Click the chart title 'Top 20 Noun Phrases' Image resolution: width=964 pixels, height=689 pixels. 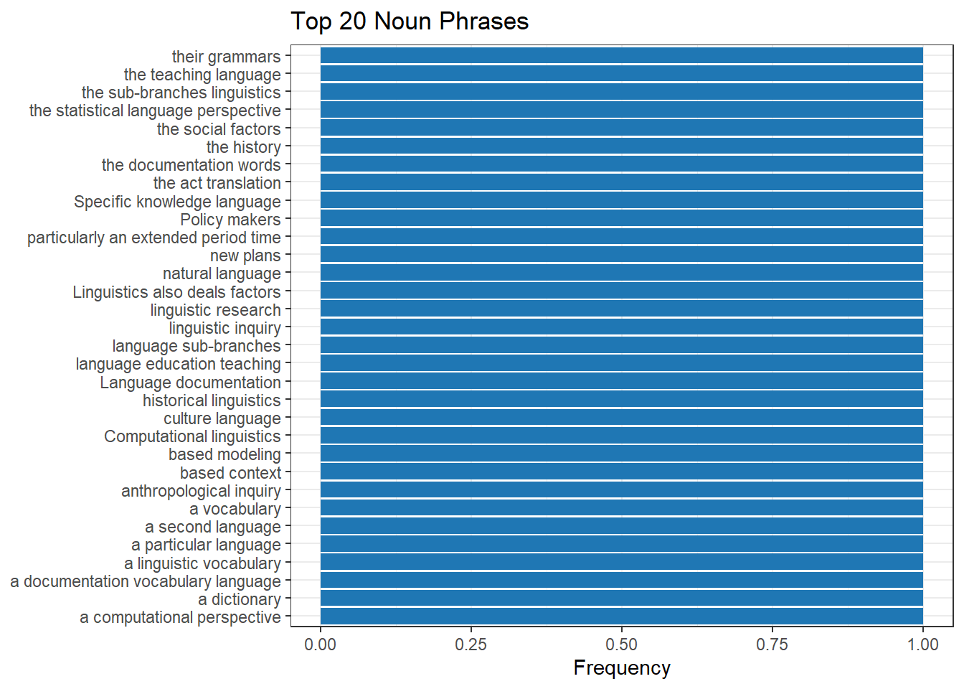coord(409,22)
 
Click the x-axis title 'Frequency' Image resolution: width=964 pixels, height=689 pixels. coord(621,667)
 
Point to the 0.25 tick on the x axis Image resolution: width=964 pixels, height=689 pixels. coord(471,645)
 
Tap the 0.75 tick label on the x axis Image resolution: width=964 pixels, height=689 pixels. coord(772,645)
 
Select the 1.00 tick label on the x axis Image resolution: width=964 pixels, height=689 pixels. coord(922,645)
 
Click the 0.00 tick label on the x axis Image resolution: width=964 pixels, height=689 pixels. coord(320,645)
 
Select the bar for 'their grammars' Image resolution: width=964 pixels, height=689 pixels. coord(621,56)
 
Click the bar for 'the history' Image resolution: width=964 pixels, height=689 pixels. coord(621,146)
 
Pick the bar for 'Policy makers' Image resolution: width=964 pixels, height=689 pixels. coord(621,219)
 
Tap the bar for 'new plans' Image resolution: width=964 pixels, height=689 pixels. coord(621,255)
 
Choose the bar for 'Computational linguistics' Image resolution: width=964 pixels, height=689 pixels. coord(621,436)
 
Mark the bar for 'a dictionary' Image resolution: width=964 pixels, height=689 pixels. coord(621,599)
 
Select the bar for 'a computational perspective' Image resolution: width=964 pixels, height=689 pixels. coord(621,617)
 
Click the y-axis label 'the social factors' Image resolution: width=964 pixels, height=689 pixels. coord(219,129)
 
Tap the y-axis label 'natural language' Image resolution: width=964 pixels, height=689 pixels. coord(222,273)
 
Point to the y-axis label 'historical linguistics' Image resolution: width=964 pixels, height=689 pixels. coord(212,400)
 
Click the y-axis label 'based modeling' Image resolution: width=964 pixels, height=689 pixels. coord(225,454)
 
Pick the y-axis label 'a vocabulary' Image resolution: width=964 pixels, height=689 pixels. coord(235,509)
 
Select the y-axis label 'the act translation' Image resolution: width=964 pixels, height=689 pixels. coord(217,183)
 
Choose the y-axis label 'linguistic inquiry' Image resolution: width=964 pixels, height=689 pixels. coord(225,328)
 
